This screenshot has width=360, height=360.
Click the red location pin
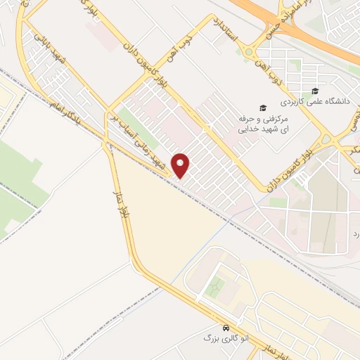(181, 165)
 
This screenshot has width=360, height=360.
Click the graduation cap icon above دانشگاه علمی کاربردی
(315, 91)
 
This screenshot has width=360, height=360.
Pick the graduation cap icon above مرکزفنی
(263, 108)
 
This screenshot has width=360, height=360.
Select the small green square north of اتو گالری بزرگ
(216, 286)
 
